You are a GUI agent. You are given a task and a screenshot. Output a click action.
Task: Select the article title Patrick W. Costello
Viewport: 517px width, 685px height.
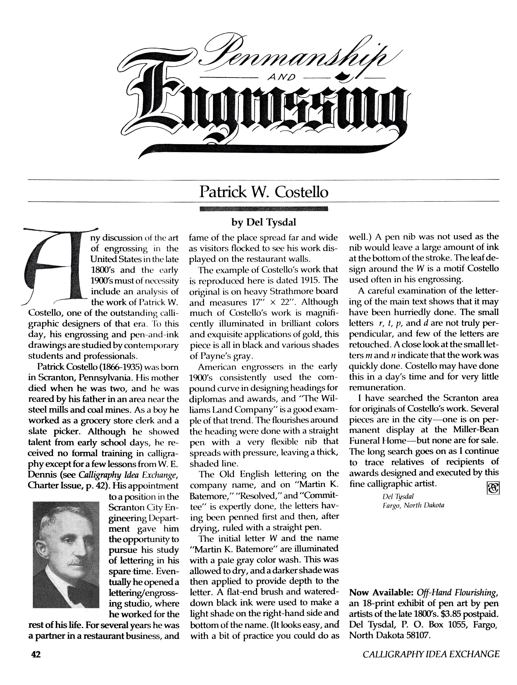point(264,192)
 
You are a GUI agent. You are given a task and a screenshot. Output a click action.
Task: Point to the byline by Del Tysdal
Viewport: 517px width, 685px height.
point(264,222)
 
